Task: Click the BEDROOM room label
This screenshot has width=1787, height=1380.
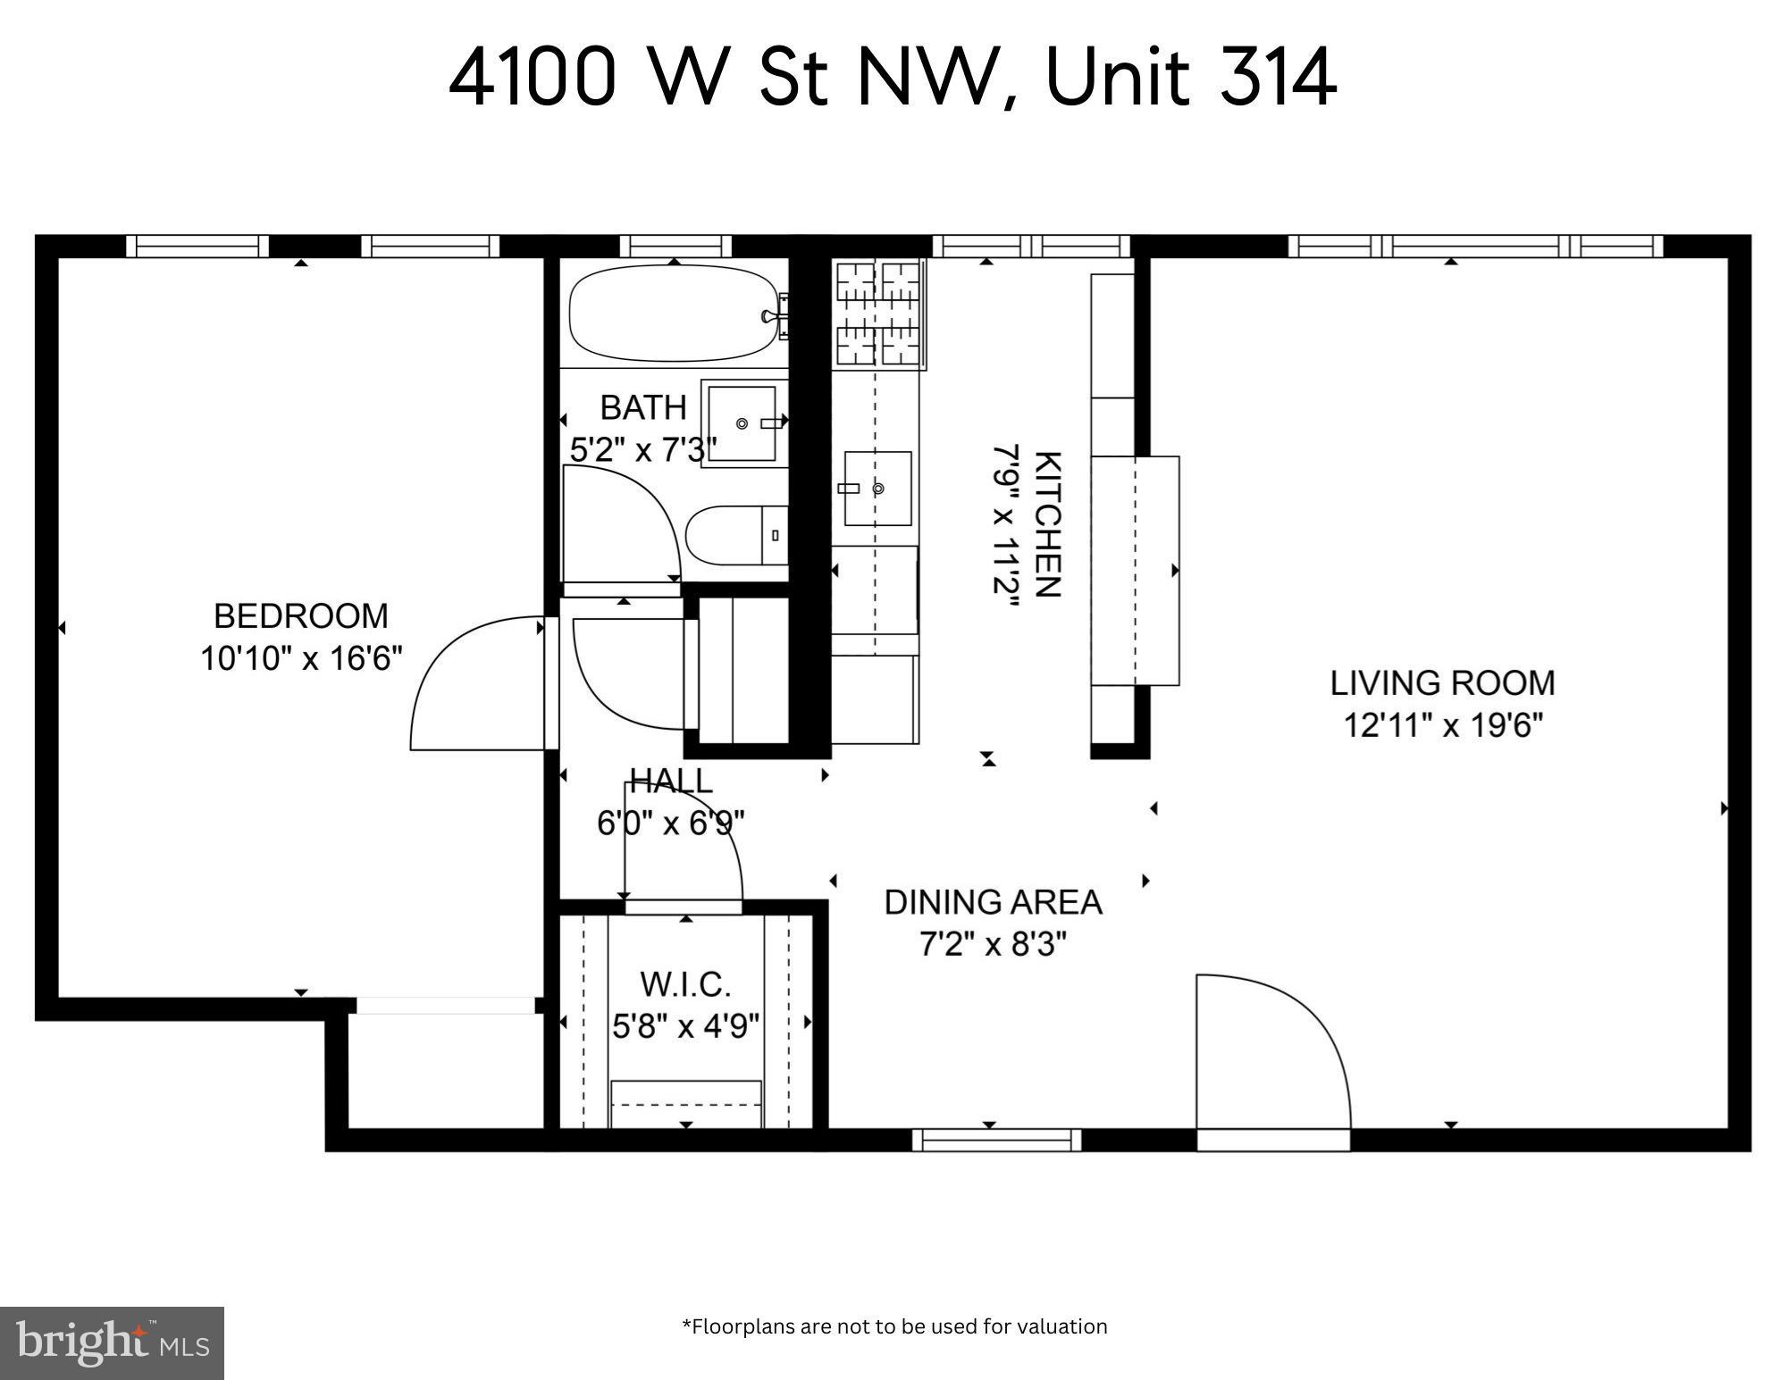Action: (x=301, y=616)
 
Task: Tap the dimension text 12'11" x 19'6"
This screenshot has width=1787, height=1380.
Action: (x=1443, y=725)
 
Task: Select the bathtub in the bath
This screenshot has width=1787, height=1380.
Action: (x=673, y=314)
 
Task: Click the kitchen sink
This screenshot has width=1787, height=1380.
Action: (x=877, y=489)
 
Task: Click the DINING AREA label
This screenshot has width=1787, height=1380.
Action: (x=993, y=902)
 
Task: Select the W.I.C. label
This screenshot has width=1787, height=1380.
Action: (x=685, y=984)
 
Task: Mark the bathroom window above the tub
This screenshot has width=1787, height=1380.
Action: (x=675, y=246)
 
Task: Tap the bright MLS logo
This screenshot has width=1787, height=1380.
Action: (x=112, y=1342)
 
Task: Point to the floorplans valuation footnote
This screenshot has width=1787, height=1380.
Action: (x=893, y=1326)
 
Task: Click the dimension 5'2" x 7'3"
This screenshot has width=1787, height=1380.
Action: (x=642, y=450)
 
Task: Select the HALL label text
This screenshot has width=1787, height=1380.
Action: (x=671, y=781)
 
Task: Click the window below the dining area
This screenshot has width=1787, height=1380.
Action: (x=996, y=1140)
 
